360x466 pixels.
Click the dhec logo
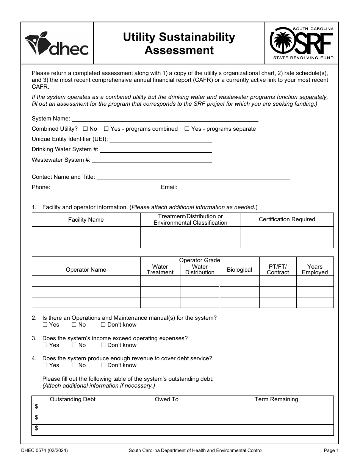coord(57,44)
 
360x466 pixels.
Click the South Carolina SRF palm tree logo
coord(302,43)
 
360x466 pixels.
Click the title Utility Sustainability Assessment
coord(179,44)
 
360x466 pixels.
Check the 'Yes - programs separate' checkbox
coord(187,129)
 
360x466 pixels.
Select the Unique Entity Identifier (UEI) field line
coord(160,139)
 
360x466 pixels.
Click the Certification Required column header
coord(287,219)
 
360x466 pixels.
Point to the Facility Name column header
coord(86,220)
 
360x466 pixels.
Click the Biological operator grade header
coord(239,270)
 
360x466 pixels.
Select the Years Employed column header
coord(315,269)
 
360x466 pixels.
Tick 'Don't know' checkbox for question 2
coord(103,325)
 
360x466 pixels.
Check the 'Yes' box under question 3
coord(45,345)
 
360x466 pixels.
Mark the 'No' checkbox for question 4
coord(74,365)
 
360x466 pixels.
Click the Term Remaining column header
coord(276,399)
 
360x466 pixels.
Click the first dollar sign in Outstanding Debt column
coord(36,407)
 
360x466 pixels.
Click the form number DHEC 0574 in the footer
coord(47,450)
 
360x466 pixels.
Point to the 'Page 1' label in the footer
coord(329,450)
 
